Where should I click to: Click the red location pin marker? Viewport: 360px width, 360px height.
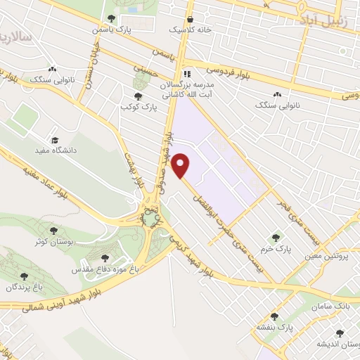tap(181, 166)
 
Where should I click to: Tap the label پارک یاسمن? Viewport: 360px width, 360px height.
tap(112, 31)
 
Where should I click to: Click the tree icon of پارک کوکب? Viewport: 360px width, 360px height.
tap(138, 96)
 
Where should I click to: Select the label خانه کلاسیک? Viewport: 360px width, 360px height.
tap(189, 31)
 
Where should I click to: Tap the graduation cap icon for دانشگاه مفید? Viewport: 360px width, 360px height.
tap(56, 139)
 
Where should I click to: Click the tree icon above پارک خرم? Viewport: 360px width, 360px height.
tap(276, 238)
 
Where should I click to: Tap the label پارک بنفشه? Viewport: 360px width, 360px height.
tap(274, 328)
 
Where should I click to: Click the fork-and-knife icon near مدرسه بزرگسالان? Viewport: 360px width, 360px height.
tap(186, 73)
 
